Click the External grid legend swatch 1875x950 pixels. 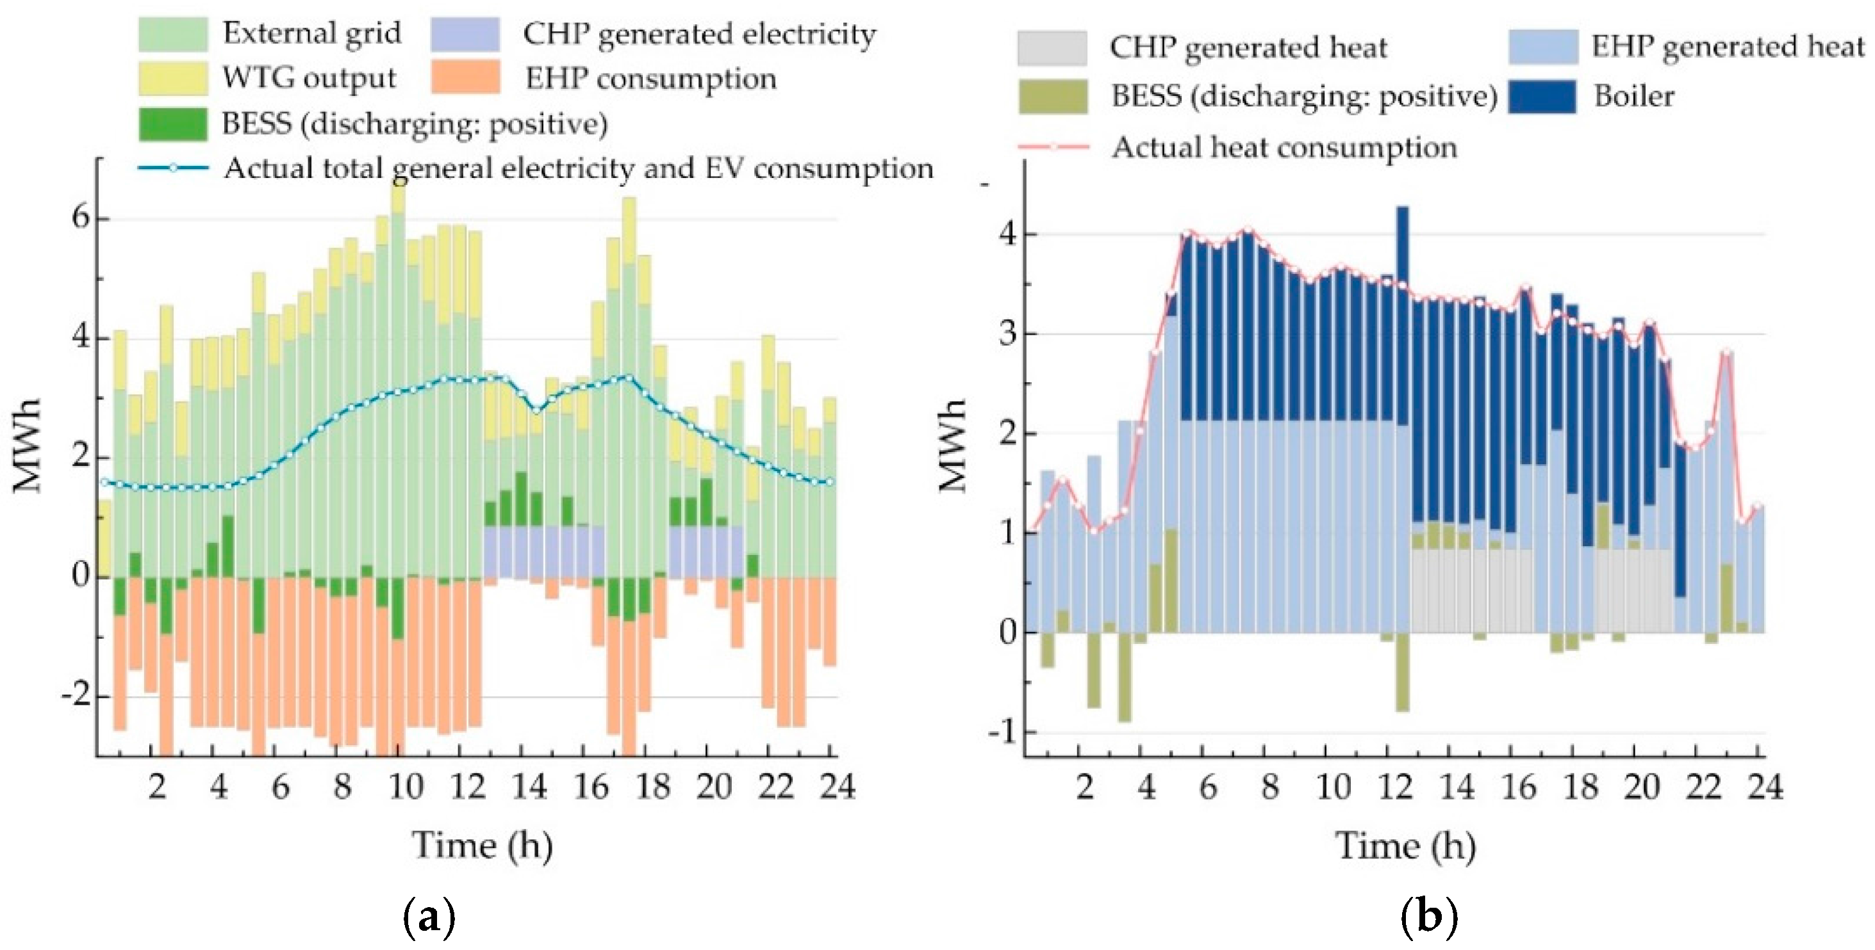tap(172, 34)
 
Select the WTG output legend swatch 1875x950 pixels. tap(172, 79)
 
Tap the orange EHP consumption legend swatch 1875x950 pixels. tap(465, 77)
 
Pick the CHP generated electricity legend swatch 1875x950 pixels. tap(465, 34)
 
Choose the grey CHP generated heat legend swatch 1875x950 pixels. tap(1052, 48)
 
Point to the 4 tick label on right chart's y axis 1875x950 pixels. tap(1007, 234)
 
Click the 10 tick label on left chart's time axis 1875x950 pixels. tap(406, 787)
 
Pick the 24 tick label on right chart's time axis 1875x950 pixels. tap(1764, 787)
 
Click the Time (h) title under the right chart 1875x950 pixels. tap(1405, 845)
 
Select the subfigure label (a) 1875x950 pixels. tap(429, 918)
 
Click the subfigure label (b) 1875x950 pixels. tap(1429, 918)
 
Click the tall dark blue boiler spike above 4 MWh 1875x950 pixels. tap(1402, 240)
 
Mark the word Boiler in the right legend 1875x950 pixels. tap(1634, 96)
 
